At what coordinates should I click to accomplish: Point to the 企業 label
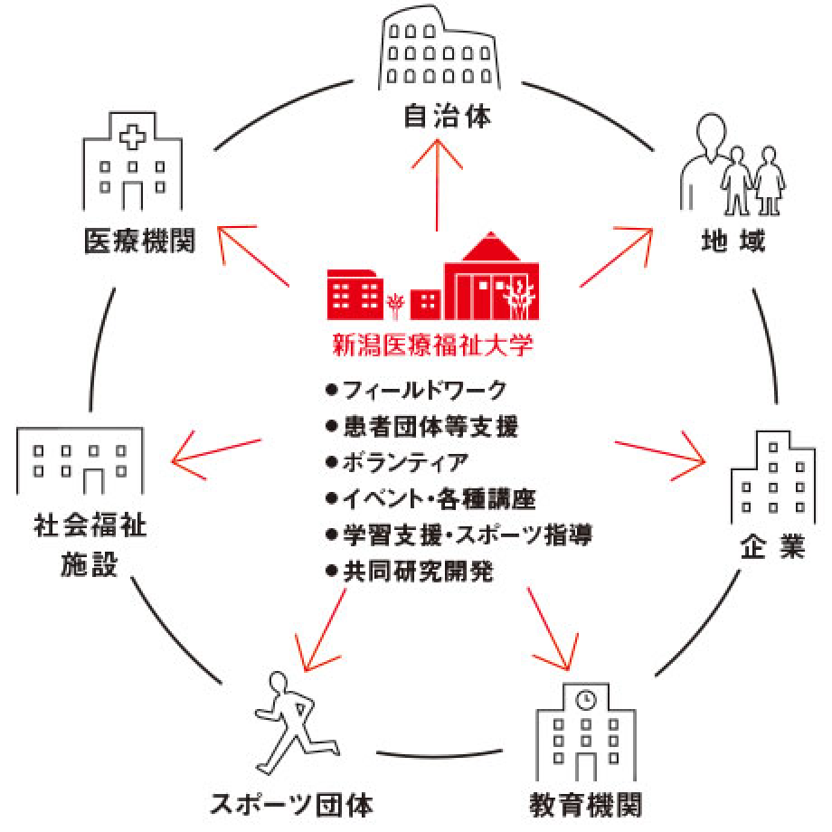click(x=772, y=548)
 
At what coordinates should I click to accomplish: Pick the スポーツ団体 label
click(x=290, y=804)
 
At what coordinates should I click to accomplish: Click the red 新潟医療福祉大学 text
click(x=434, y=345)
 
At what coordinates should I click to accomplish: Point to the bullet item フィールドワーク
click(x=416, y=391)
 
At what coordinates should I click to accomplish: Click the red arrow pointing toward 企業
click(x=660, y=451)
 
